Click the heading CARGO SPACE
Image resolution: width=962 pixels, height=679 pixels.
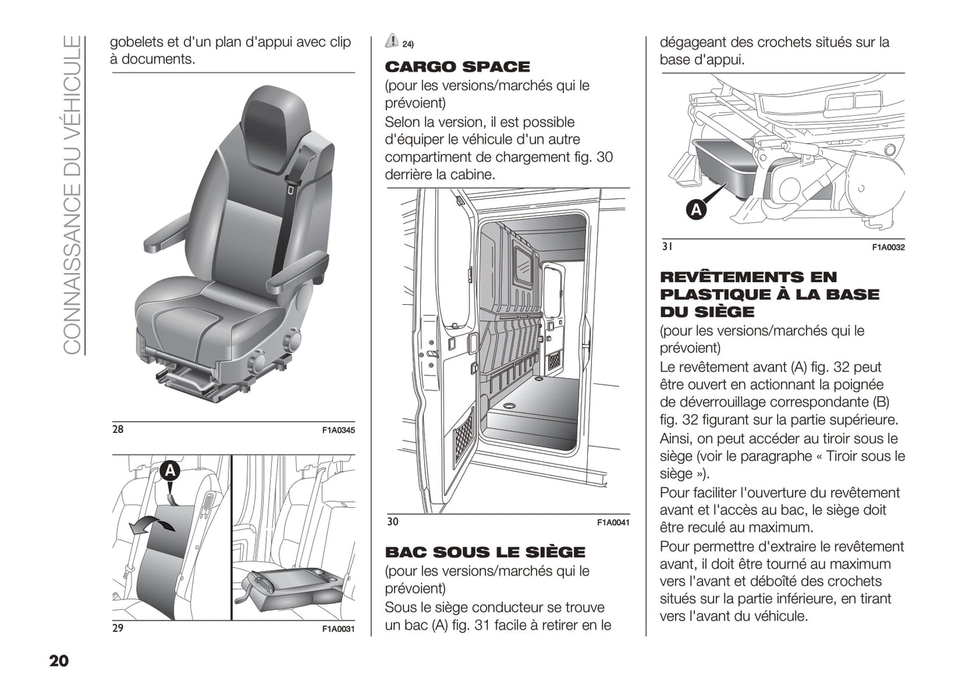click(x=457, y=67)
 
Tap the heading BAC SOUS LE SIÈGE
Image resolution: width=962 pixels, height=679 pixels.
click(x=485, y=553)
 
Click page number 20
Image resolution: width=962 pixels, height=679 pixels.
click(x=59, y=661)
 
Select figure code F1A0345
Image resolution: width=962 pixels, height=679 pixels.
click(x=339, y=431)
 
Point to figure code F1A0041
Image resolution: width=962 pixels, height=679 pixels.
click(x=613, y=523)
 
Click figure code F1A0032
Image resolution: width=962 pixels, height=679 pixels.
click(x=888, y=248)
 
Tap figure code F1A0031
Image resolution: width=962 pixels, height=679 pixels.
click(x=339, y=629)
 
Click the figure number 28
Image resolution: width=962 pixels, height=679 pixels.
click(x=118, y=429)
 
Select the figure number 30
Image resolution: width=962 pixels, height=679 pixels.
click(x=393, y=522)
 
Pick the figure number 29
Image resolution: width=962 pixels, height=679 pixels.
click(x=118, y=628)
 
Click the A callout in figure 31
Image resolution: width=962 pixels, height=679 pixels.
click(x=696, y=210)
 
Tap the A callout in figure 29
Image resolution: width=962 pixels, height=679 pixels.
click(x=170, y=471)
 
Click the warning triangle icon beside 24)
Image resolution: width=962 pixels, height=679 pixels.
click(x=392, y=41)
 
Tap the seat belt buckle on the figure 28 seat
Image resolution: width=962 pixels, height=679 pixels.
click(x=291, y=190)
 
